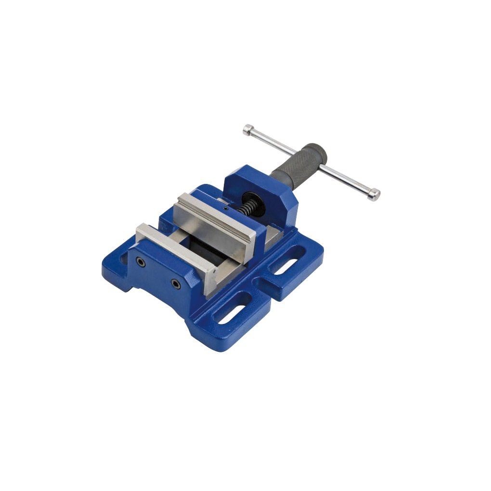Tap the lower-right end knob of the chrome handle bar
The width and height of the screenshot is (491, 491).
coord(374,194)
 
